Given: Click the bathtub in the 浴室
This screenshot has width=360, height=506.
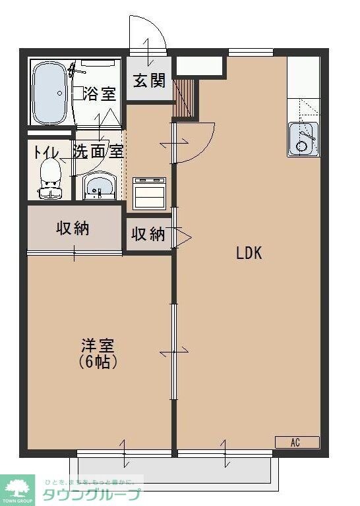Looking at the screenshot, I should pyautogui.click(x=49, y=93).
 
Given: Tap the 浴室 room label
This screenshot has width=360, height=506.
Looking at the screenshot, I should pyautogui.click(x=100, y=94).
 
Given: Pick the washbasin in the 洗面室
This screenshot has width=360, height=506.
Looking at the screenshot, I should pyautogui.click(x=100, y=185).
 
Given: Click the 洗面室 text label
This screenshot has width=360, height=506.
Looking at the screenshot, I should pyautogui.click(x=98, y=152).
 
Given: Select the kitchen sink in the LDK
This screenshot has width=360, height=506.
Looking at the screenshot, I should pyautogui.click(x=303, y=139).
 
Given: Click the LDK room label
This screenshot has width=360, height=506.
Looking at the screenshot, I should pyautogui.click(x=250, y=252).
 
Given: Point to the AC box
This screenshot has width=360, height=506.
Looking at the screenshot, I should pyautogui.click(x=297, y=442).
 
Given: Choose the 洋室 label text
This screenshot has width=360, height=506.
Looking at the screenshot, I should pyautogui.click(x=98, y=345).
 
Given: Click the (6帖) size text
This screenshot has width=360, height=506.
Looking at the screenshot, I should pyautogui.click(x=98, y=362).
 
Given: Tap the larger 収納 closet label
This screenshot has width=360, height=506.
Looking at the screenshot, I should pyautogui.click(x=73, y=229).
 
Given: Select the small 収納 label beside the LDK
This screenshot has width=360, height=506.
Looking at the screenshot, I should pyautogui.click(x=148, y=234).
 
